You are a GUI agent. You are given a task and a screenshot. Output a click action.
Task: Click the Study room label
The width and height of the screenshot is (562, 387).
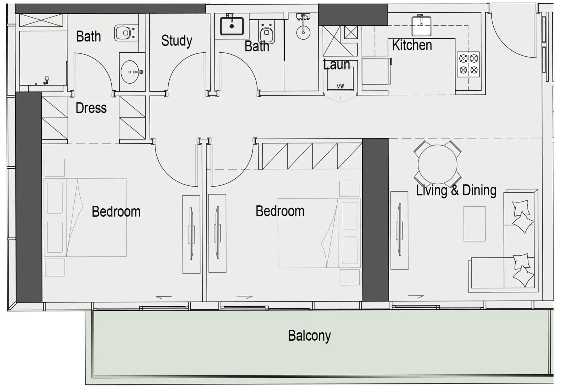[177, 41]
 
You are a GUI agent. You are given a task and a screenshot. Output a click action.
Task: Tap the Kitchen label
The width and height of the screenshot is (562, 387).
[412, 45]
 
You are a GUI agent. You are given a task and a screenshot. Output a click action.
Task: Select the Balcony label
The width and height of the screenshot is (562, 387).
[309, 336]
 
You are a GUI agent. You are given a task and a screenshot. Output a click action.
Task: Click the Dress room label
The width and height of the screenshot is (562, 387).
[91, 108]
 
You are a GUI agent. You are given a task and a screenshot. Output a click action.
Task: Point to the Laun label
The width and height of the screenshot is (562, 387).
[337, 65]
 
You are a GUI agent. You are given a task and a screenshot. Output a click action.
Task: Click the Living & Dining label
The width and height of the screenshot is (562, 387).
[456, 190]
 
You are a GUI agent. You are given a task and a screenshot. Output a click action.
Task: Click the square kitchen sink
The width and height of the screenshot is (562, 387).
[421, 26]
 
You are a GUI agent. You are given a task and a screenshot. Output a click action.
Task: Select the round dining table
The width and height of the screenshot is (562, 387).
[437, 164]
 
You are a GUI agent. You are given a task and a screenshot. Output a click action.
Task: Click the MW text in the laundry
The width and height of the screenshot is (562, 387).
[340, 86]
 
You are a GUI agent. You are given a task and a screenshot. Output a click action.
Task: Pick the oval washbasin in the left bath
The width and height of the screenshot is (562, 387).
[132, 72]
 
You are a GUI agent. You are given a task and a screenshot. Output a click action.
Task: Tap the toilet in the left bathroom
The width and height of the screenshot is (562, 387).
[125, 33]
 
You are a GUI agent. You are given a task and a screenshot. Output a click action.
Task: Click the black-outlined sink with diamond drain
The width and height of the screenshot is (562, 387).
[232, 26]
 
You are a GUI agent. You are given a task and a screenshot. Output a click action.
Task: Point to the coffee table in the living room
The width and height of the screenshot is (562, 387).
[475, 224]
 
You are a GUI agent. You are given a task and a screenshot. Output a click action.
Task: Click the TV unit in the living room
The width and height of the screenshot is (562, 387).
[399, 230]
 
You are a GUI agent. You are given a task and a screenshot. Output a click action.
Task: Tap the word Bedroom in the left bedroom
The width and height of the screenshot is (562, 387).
[116, 212]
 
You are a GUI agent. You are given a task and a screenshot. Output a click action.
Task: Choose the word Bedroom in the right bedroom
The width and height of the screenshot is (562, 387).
[280, 211]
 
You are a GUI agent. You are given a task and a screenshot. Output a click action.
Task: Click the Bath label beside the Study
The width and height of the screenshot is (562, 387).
[257, 46]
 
